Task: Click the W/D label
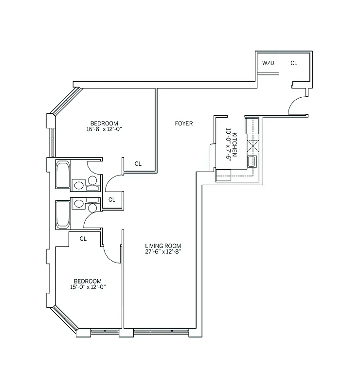pyautogui.click(x=268, y=63)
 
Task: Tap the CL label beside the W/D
pyautogui.click(x=294, y=63)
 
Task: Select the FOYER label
pyautogui.click(x=184, y=124)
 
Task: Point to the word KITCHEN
pyautogui.click(x=234, y=144)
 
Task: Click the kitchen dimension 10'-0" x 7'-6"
pyautogui.click(x=227, y=144)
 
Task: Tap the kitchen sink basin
pyautogui.click(x=252, y=162)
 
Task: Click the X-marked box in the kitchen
pyautogui.click(x=252, y=146)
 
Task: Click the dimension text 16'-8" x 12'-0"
pyautogui.click(x=104, y=129)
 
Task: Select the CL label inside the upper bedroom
pyautogui.click(x=138, y=164)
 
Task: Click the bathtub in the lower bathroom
pyautogui.click(x=63, y=214)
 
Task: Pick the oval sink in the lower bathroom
pyautogui.click(x=92, y=208)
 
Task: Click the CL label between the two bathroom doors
pyautogui.click(x=112, y=199)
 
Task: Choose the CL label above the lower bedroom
pyautogui.click(x=83, y=239)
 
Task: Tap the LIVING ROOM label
pyautogui.click(x=160, y=246)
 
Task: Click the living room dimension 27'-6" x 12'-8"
pyautogui.click(x=160, y=252)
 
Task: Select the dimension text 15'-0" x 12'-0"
pyautogui.click(x=88, y=287)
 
